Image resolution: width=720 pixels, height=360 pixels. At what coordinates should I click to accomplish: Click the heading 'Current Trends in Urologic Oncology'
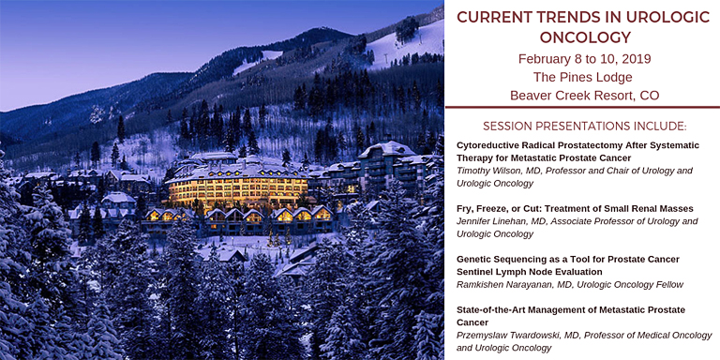pyautogui.click(x=583, y=26)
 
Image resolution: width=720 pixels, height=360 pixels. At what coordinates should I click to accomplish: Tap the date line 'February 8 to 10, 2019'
pyautogui.click(x=583, y=59)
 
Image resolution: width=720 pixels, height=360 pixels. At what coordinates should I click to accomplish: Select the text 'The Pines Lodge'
pyautogui.click(x=583, y=77)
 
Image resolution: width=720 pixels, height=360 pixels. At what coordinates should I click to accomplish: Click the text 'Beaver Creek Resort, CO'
pyautogui.click(x=583, y=95)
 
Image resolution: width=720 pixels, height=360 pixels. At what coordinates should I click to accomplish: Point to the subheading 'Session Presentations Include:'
pyautogui.click(x=583, y=126)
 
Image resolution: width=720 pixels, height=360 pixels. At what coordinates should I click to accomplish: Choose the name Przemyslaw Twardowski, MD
pyautogui.click(x=518, y=335)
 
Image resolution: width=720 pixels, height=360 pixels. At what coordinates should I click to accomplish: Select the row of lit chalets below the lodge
pyautogui.click(x=239, y=217)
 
